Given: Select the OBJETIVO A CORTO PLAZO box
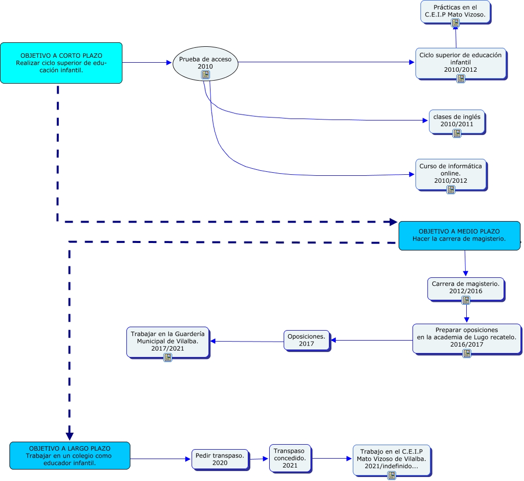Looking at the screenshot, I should (61, 63).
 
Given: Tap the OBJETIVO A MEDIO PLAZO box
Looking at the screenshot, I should (459, 236).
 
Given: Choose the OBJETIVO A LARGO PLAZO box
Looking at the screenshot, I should (70, 455).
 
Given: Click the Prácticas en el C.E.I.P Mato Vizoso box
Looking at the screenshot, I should (455, 11).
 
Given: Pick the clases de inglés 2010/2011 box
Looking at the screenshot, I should (456, 121).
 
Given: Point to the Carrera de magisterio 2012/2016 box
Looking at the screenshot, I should (465, 288).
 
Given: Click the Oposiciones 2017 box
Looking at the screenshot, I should (306, 340).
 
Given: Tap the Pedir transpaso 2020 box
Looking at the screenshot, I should (219, 459).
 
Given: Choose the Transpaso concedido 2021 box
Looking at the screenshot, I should (290, 458).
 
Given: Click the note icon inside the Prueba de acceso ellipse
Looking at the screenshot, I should (205, 75).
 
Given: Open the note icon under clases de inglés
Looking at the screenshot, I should (456, 133).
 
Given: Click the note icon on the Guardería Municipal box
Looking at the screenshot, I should (168, 357).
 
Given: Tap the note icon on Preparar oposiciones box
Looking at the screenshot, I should (466, 353).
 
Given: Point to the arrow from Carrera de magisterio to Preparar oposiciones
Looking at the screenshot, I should (466, 312).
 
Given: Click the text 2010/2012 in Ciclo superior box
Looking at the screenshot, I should (460, 70).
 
